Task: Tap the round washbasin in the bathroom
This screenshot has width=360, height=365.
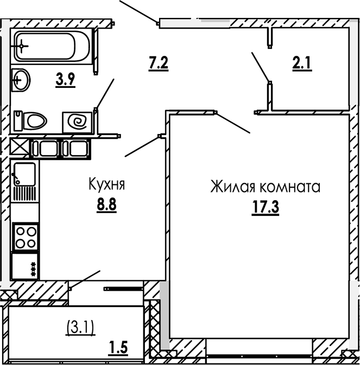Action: [x=21, y=81]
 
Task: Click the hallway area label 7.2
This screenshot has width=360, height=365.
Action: [x=158, y=63]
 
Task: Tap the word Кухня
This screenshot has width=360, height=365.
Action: [x=107, y=185]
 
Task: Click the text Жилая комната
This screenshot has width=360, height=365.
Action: [x=266, y=188]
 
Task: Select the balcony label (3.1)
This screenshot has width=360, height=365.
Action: [x=80, y=326]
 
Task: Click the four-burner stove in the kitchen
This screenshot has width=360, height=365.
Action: [x=24, y=237]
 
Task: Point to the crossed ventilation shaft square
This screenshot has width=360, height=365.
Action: [x=20, y=148]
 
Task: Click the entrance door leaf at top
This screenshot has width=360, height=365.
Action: [x=138, y=11]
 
